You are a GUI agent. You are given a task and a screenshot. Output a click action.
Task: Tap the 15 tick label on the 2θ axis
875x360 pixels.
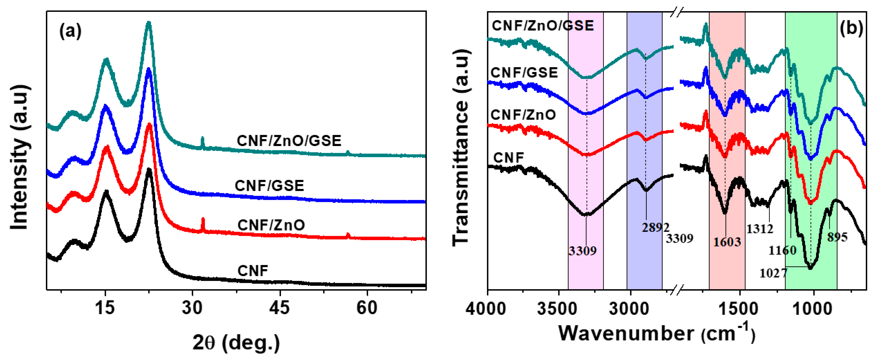click(105, 308)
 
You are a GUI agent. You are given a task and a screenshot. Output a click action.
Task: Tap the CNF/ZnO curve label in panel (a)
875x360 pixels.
click(271, 225)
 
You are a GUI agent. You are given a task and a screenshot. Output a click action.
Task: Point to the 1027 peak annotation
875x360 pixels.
click(773, 273)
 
